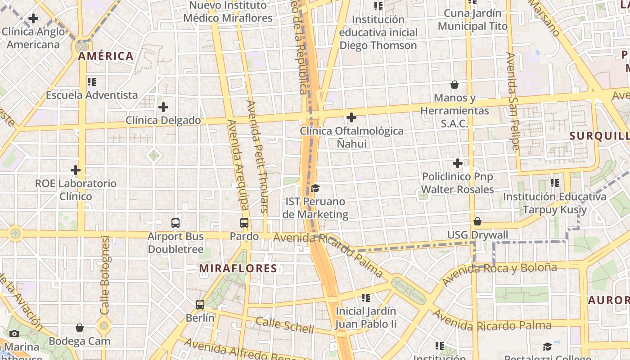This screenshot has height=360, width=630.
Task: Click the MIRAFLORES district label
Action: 238,269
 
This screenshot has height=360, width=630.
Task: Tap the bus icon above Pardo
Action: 244,222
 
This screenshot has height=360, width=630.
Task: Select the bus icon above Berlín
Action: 200,304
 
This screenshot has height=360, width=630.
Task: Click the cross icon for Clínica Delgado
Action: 163,107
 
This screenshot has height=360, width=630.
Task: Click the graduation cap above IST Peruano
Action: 315,188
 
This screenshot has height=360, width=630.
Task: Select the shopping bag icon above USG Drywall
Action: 477,221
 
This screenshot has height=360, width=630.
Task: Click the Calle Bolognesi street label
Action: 105,275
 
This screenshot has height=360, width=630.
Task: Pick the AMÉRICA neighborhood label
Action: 106,56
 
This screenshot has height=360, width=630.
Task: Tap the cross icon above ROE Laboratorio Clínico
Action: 76,170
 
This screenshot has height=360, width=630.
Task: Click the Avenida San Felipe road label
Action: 513,101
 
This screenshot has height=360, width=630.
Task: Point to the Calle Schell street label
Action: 285,325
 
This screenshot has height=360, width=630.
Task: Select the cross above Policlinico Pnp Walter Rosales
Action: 458,163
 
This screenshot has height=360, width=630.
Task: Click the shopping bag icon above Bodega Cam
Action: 80,328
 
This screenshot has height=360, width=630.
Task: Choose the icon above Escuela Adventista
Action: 92,82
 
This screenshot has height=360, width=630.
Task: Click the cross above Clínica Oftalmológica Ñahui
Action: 351,117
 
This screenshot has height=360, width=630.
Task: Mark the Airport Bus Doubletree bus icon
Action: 175,223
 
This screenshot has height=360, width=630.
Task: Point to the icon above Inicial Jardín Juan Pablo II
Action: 366,297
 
